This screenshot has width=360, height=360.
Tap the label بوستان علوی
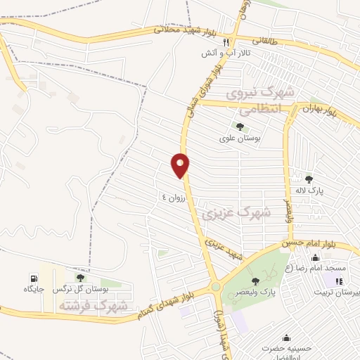click(240, 139)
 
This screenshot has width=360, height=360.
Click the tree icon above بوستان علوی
click(240, 127)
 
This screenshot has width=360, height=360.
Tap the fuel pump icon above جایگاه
click(33, 277)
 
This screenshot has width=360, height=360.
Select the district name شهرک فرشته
click(103, 306)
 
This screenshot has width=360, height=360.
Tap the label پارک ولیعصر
click(255, 292)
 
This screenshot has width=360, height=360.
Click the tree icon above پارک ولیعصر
click(255, 281)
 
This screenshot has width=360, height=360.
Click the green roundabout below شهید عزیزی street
click(215, 286)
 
